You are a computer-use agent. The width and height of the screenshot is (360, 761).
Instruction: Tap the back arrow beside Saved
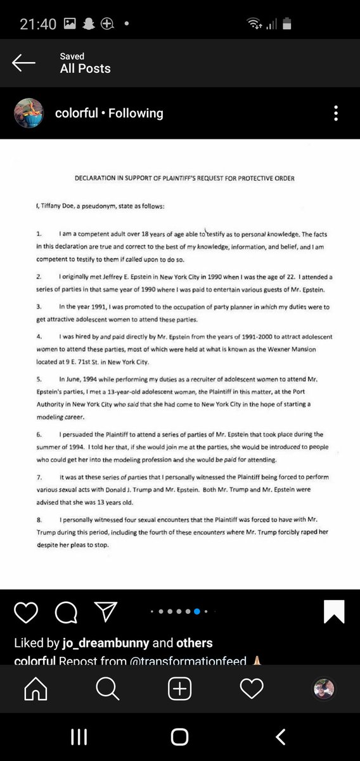tap(24, 62)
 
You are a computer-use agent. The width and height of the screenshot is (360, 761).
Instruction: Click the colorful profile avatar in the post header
tap(29, 114)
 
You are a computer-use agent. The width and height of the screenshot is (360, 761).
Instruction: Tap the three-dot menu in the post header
tap(336, 114)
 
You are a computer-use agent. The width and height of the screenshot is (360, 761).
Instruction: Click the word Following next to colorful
tap(136, 114)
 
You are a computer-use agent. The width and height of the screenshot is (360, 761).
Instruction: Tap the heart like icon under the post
tap(26, 611)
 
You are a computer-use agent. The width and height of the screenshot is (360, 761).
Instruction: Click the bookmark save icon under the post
tap(333, 611)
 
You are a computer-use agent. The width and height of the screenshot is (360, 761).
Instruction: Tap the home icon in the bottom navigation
tap(35, 689)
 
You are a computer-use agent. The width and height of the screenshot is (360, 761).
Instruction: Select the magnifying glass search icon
tap(108, 689)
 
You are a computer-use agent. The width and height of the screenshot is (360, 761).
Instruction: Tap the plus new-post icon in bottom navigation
tap(180, 689)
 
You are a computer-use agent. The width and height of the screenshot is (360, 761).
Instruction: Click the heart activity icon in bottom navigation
tap(252, 689)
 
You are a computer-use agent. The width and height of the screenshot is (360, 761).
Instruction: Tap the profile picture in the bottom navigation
tap(324, 689)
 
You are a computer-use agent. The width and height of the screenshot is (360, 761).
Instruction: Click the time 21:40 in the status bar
tap(38, 24)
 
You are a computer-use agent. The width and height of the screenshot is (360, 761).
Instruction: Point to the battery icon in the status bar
tap(288, 24)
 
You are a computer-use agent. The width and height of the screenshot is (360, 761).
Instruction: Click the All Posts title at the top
tap(85, 68)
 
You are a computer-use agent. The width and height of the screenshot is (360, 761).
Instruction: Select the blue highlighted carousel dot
tap(197, 611)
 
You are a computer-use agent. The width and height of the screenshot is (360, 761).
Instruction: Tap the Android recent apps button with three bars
tap(79, 736)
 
